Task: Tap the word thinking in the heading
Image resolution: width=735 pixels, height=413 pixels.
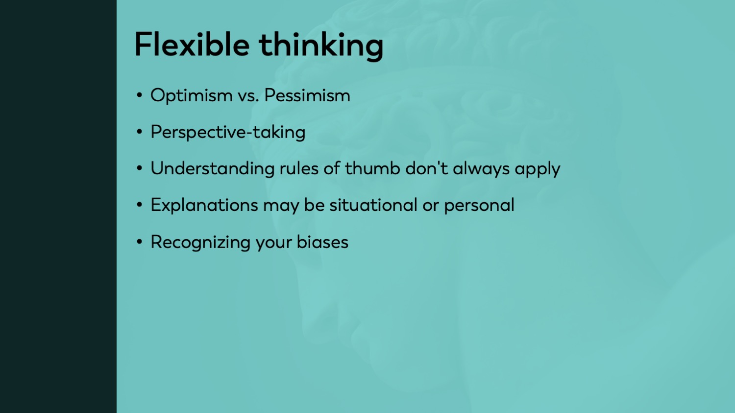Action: pos(321,46)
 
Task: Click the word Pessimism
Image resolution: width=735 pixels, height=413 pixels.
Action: pos(307,95)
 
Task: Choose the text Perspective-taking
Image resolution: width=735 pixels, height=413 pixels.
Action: pos(228,133)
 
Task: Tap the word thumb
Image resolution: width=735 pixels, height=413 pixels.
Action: pos(372,168)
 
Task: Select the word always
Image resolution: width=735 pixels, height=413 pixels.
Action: pos(481,169)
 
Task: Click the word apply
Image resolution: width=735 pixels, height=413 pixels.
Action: pos(538,170)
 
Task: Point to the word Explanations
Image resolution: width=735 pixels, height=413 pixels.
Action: pos(204,206)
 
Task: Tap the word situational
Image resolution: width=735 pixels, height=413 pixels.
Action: pos(373,205)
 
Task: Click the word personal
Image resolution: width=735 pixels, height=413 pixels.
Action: pos(479,206)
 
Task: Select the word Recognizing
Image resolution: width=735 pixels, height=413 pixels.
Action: pos(200,243)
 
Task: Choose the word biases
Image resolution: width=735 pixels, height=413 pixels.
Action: pos(322,242)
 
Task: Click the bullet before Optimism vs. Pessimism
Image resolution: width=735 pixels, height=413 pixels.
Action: pos(140,95)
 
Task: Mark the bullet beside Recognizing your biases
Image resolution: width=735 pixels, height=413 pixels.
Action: pos(140,242)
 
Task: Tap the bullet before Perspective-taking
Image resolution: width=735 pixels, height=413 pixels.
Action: pos(140,132)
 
